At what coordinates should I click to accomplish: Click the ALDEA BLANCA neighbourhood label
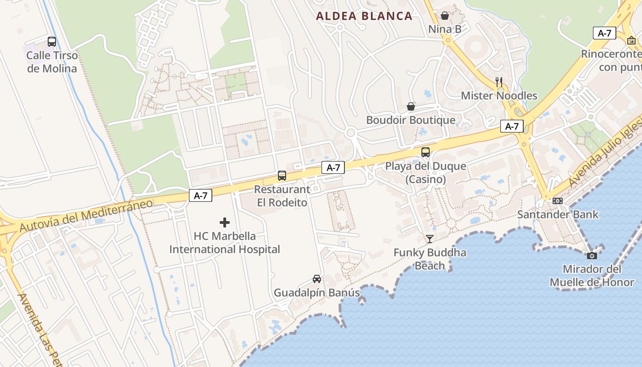coord(364,16)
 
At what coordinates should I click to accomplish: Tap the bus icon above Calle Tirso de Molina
coord(52,42)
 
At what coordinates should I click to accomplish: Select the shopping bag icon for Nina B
coord(445,16)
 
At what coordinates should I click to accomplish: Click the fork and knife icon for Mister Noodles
coord(499,82)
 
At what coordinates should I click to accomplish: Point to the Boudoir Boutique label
coord(410,120)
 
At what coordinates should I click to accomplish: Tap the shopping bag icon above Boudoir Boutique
coord(411,106)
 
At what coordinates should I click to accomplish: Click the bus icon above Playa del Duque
coord(426,152)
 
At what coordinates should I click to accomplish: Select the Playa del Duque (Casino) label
coord(426,172)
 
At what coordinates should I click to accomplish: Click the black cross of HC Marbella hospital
coord(225,223)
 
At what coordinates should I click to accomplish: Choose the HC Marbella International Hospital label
coord(225,243)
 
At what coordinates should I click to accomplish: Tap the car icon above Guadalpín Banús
coord(317,278)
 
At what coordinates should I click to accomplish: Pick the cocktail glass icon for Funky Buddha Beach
coord(430,239)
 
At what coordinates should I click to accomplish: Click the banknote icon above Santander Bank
coord(558,201)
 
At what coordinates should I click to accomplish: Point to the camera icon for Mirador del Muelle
coord(592,256)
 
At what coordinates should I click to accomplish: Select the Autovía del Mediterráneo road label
coord(86,215)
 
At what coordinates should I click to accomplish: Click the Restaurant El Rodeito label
coord(282,195)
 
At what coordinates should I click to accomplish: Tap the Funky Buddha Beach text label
coord(430,259)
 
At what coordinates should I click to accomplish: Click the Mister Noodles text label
coord(499,96)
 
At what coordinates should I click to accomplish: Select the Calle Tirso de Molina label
coord(52,62)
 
